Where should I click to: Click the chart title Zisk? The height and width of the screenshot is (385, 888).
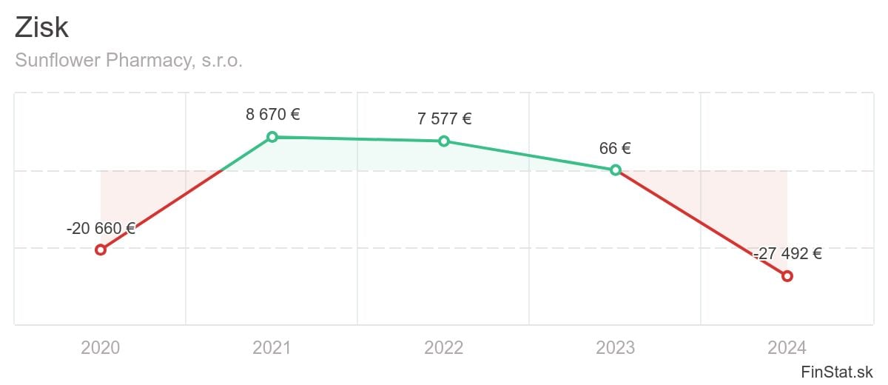point(41,28)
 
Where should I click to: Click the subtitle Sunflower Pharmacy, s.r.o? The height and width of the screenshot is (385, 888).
point(129,61)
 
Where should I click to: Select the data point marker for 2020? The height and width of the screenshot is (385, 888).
point(101,250)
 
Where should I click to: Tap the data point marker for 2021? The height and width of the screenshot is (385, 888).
point(272,137)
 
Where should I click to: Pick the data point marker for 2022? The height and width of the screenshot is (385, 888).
point(444,141)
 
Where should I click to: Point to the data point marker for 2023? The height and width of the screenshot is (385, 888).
point(616,170)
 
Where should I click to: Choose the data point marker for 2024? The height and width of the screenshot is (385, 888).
point(787,276)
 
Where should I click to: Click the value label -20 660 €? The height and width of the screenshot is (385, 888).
point(101,229)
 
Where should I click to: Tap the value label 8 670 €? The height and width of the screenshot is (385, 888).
point(272,115)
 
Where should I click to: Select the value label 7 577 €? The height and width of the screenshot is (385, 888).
point(444,119)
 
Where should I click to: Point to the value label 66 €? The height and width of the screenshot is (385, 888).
point(615,148)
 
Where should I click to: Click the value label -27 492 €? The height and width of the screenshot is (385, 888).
point(787,254)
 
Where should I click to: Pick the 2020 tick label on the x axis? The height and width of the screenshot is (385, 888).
point(101,347)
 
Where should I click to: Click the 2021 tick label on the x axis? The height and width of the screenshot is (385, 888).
point(272,347)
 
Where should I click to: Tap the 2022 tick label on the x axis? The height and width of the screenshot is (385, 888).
point(444,347)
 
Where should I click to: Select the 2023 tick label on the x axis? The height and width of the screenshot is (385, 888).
point(616,347)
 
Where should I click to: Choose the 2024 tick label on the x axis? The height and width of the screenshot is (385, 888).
point(787,347)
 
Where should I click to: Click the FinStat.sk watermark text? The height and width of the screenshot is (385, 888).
point(837,371)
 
